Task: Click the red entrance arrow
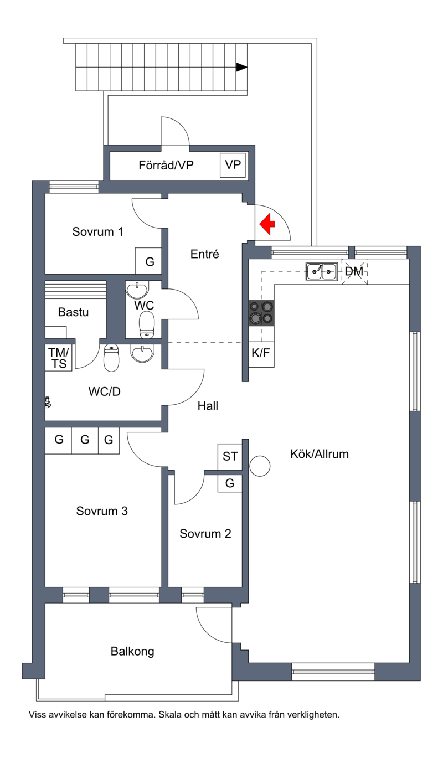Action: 267,224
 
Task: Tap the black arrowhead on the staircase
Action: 241,67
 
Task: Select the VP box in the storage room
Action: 233,165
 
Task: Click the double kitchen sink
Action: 322,271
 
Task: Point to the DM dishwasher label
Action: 354,271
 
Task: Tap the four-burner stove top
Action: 261,313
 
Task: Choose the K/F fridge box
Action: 261,354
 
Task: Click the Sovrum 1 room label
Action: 97,232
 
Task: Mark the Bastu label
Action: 74,312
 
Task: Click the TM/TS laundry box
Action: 59,358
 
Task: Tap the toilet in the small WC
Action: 147,324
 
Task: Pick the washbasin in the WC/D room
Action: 142,354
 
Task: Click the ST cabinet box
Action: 230,456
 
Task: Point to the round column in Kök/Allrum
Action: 260,466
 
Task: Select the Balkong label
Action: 132,651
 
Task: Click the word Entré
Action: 205,254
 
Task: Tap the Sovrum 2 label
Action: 205,534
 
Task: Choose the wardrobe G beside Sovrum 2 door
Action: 230,483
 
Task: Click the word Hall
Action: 208,406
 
